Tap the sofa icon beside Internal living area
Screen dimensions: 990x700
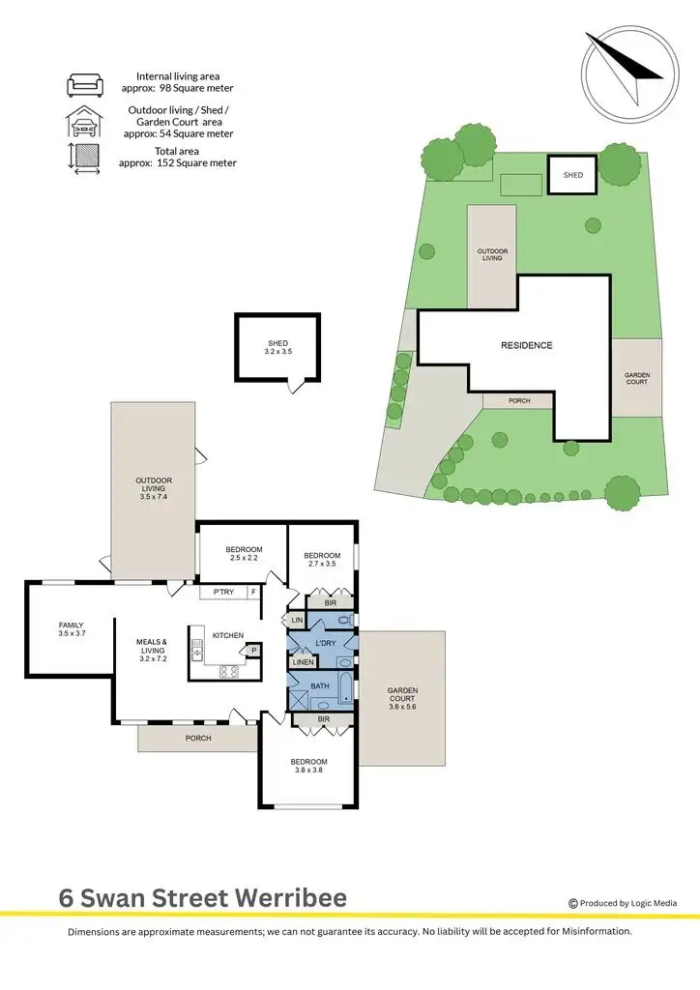pyautogui.click(x=83, y=84)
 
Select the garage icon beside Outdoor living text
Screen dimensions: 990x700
pyautogui.click(x=83, y=122)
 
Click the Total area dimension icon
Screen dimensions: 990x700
pyautogui.click(x=83, y=158)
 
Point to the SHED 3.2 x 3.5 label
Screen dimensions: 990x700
pyautogui.click(x=277, y=348)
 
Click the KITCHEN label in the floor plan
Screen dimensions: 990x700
pyautogui.click(x=228, y=635)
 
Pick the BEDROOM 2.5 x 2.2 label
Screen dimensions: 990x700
pyautogui.click(x=244, y=554)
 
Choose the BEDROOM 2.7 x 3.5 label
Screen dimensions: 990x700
pyautogui.click(x=321, y=559)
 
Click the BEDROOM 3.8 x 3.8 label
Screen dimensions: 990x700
pyautogui.click(x=309, y=766)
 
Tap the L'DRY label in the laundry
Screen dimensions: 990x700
pyautogui.click(x=325, y=643)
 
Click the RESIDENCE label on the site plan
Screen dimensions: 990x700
pyautogui.click(x=526, y=345)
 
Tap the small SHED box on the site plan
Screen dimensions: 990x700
pyautogui.click(x=573, y=175)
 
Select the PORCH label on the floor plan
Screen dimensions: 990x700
pyautogui.click(x=197, y=738)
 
